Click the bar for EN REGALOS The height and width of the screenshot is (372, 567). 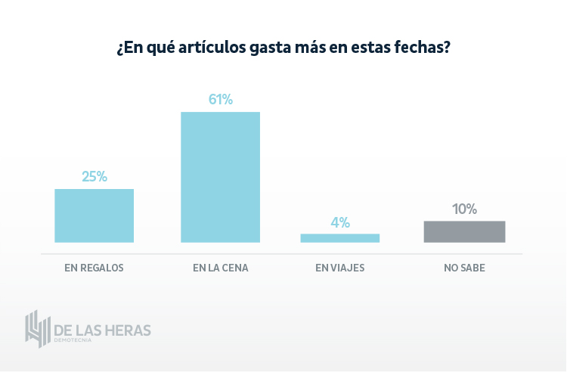pos(94,215)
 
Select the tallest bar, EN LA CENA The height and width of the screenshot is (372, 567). pos(220,177)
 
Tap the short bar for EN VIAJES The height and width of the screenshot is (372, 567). pos(340,237)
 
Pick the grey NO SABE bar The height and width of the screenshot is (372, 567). pos(464,231)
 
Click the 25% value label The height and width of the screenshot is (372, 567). pos(94,177)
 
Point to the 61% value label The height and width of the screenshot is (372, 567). pos(220,99)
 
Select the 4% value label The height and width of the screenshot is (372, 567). pos(340,222)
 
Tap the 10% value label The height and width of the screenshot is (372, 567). pos(464,209)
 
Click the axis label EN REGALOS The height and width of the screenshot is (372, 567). pos(94,268)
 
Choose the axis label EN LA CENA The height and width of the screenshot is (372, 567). pos(220,268)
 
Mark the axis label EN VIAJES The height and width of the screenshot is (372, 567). pos(340,268)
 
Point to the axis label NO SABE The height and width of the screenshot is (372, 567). pos(464,268)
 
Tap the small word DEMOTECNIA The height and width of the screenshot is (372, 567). pos(73,341)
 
